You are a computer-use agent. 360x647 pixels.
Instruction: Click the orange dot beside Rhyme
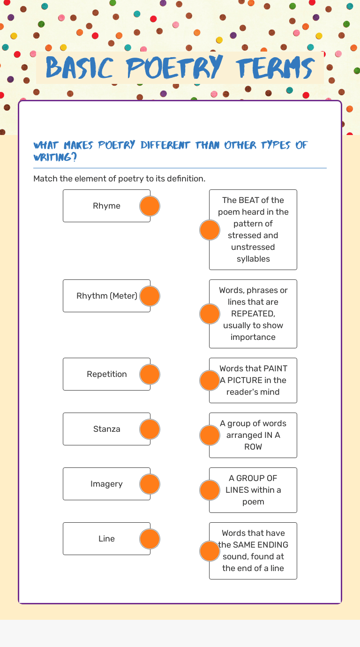click(150, 206)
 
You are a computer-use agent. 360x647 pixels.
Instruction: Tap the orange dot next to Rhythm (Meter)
click(150, 296)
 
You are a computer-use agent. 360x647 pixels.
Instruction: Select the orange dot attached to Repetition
click(150, 374)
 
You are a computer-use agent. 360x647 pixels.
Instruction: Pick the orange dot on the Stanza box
click(150, 429)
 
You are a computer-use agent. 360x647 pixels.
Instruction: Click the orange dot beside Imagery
click(150, 484)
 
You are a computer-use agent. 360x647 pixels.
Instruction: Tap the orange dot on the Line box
click(150, 539)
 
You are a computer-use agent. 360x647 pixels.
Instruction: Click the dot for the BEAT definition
click(210, 230)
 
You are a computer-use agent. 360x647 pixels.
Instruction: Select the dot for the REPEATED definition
click(210, 314)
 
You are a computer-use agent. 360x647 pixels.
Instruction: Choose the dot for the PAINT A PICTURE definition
click(210, 380)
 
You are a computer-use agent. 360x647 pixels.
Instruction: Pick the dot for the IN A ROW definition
click(210, 435)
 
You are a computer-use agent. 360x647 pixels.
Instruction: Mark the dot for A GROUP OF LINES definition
click(210, 490)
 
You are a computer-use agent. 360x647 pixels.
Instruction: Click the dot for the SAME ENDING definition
click(210, 551)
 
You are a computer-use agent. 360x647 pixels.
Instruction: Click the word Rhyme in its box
click(106, 206)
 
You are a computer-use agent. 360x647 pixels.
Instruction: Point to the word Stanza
click(106, 429)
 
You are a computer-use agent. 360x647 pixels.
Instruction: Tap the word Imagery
click(106, 484)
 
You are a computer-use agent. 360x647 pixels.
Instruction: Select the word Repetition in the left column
click(106, 374)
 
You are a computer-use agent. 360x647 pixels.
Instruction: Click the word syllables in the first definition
click(253, 259)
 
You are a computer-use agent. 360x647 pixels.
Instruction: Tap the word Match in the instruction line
click(45, 179)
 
